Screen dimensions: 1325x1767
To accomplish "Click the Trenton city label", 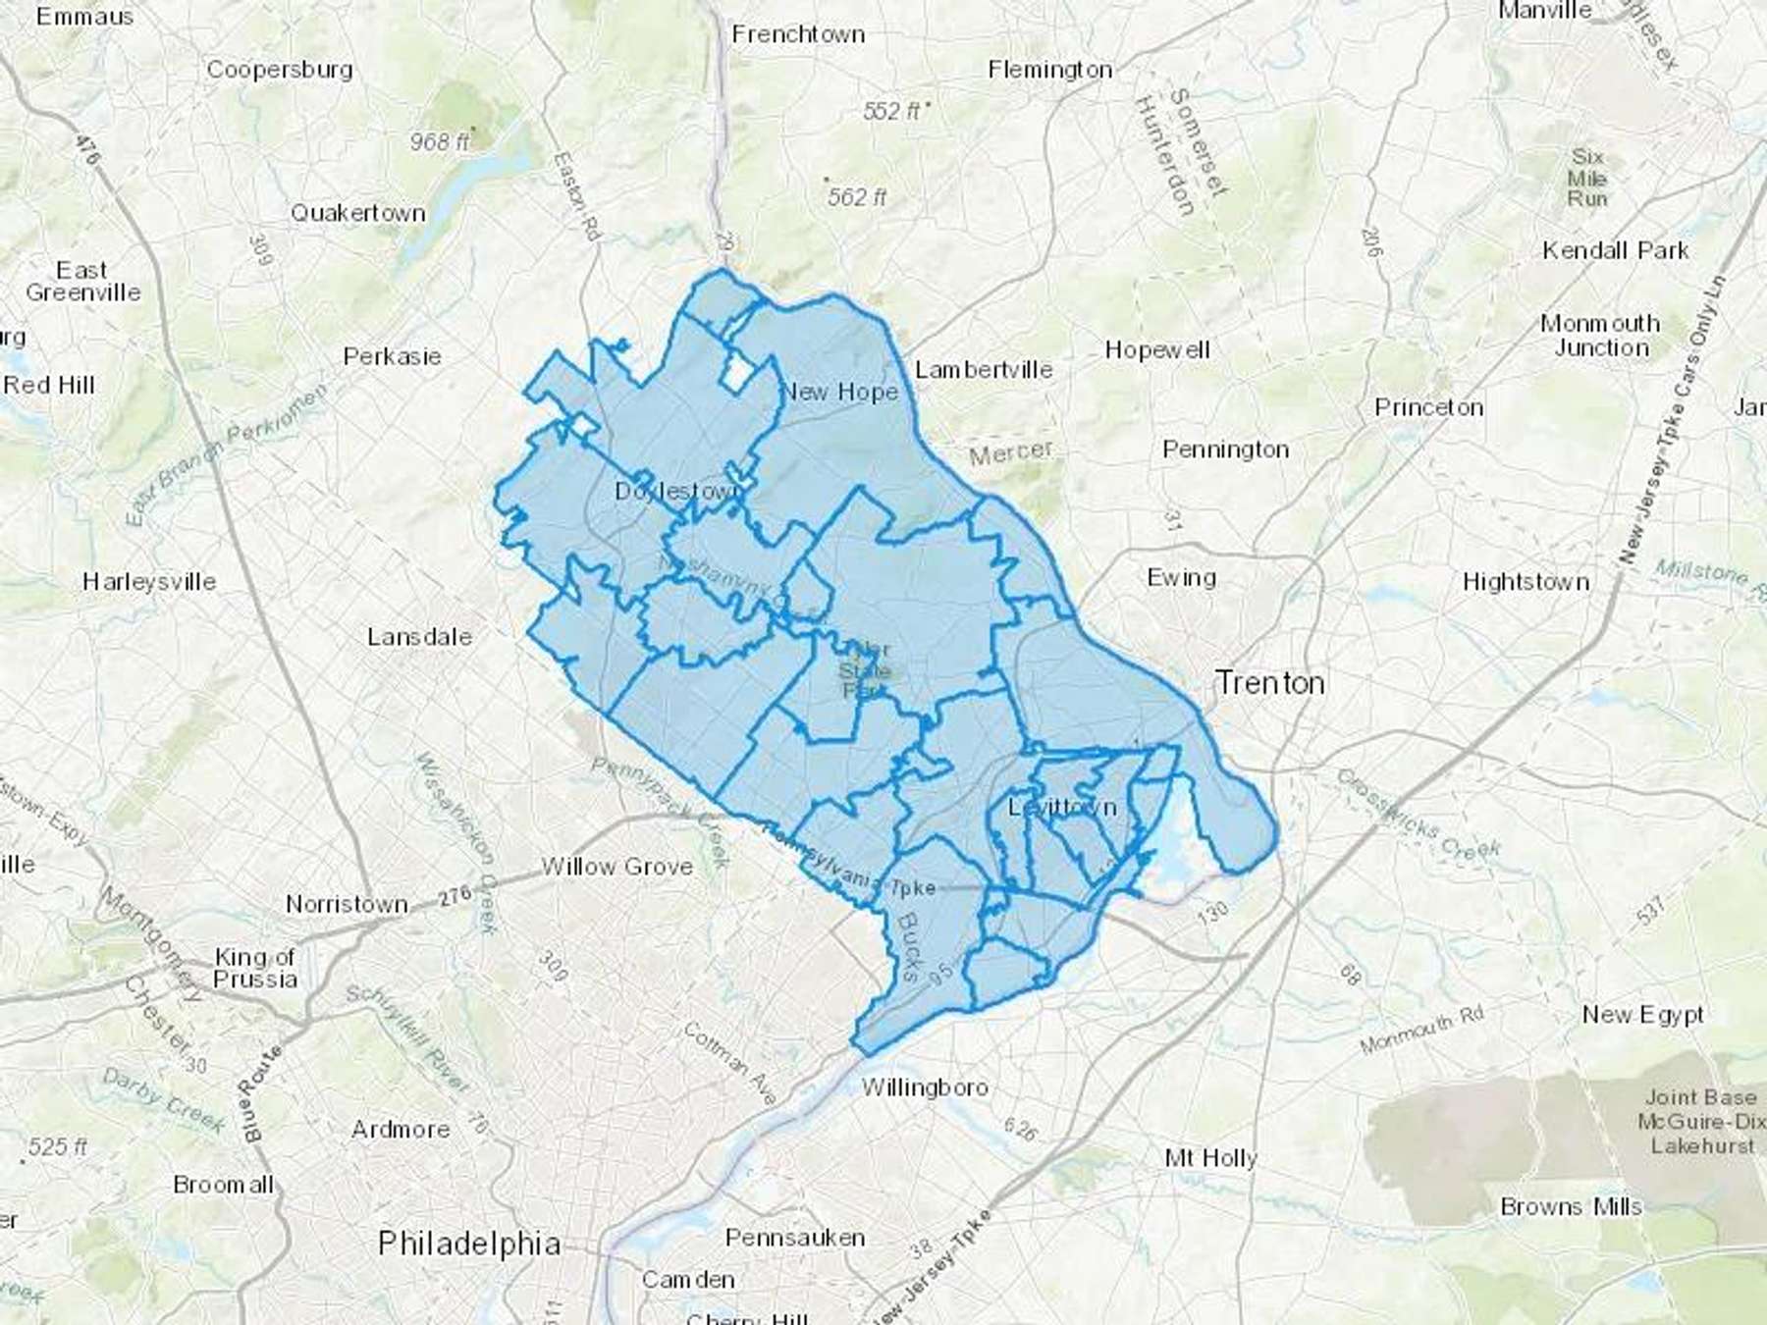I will click(x=1269, y=682).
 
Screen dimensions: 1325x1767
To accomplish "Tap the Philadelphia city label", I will click(x=469, y=1244).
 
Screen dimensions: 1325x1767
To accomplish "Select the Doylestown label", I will click(x=675, y=491).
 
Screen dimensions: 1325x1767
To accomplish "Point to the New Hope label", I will click(x=839, y=393).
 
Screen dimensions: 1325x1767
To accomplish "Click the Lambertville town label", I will click(x=984, y=370).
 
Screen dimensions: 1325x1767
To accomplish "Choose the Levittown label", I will click(x=1063, y=807).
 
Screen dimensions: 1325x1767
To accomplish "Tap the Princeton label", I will click(x=1428, y=407).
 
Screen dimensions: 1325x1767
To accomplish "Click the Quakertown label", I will click(x=357, y=213).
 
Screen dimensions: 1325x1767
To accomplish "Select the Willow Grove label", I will click(x=616, y=867).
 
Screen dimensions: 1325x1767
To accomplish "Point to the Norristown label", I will click(x=347, y=903).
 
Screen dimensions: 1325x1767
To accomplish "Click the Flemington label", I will click(x=1049, y=70).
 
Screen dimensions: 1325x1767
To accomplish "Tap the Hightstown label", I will click(x=1526, y=582).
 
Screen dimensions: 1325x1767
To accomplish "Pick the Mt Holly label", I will click(x=1210, y=1158).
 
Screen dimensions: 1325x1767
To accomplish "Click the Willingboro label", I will click(x=925, y=1087).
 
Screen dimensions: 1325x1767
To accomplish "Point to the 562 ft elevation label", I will click(x=856, y=197).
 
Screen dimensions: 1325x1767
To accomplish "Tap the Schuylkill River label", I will click(x=408, y=1040).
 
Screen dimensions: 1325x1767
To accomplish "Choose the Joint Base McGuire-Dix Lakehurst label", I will click(x=1702, y=1121).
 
